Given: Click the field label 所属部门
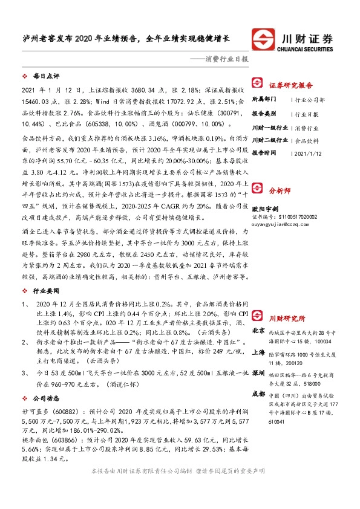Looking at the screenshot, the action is (264, 98).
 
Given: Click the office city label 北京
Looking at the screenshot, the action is (258, 330).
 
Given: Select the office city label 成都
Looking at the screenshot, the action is (258, 395).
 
